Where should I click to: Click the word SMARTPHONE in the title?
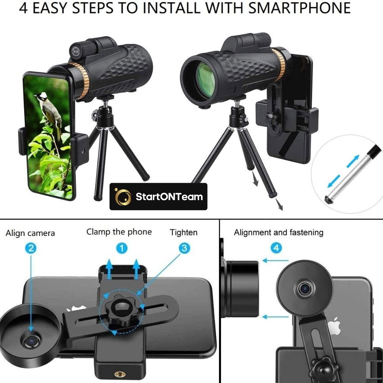pyautogui.click(x=300, y=8)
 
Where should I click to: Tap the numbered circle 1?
pyautogui.click(x=122, y=249)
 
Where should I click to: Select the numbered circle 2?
pyautogui.click(x=31, y=249)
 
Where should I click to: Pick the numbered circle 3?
pyautogui.click(x=184, y=248)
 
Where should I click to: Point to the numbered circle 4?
pyautogui.click(x=276, y=248)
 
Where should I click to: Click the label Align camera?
pyautogui.click(x=30, y=233)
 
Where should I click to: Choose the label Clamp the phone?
pyautogui.click(x=119, y=232)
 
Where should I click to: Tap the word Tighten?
pyautogui.click(x=184, y=232)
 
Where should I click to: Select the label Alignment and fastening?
pyautogui.click(x=279, y=232)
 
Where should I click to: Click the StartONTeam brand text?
pyautogui.click(x=169, y=196)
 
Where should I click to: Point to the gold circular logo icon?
pyautogui.click(x=123, y=196)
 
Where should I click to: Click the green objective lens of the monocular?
pyautogui.click(x=206, y=77)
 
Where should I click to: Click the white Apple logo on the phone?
pyautogui.click(x=334, y=326)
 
